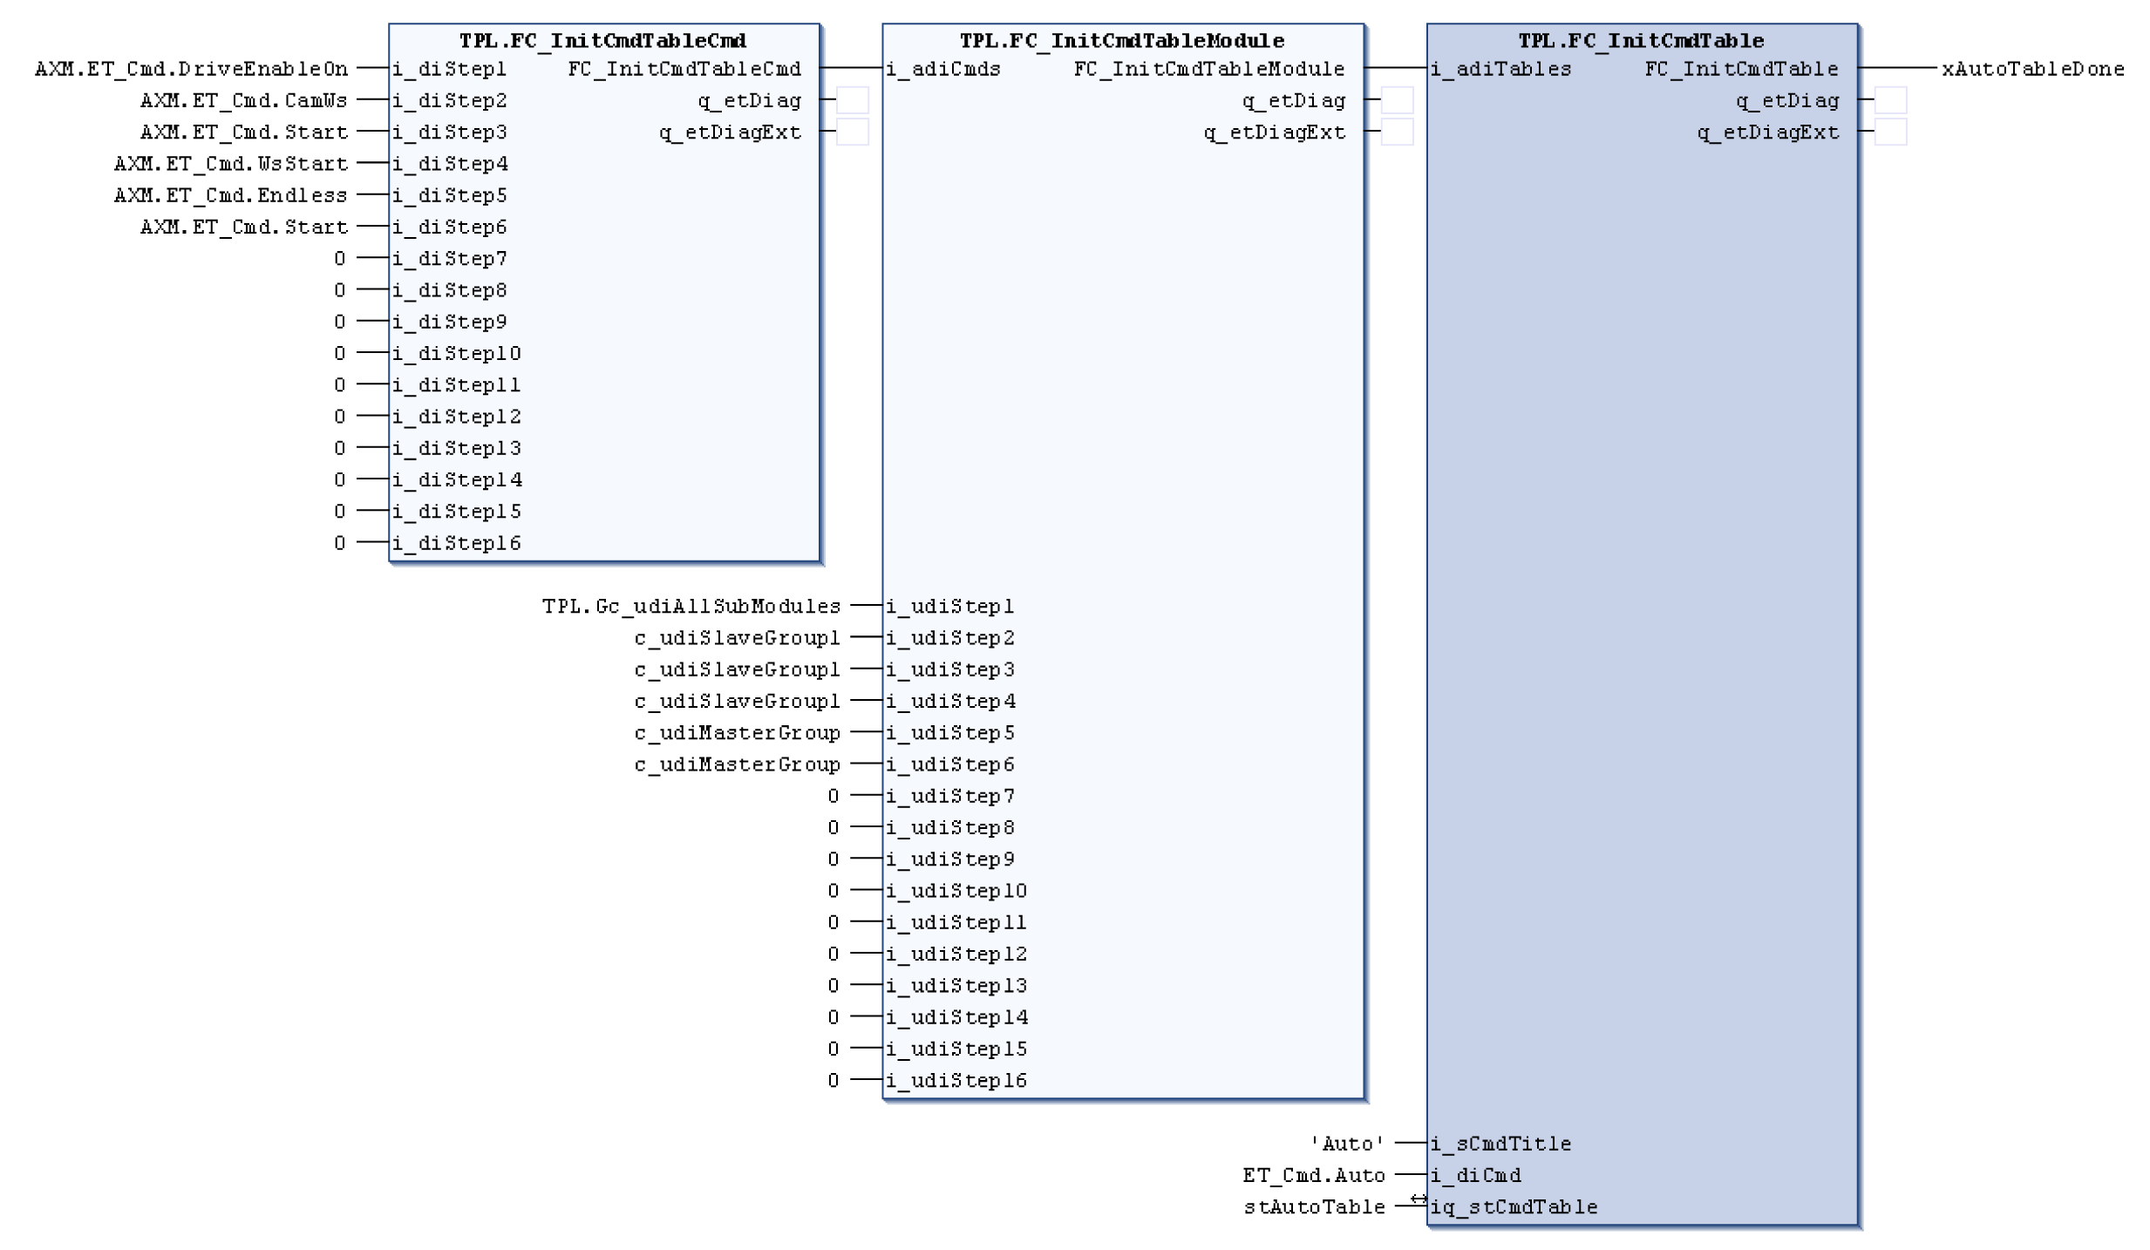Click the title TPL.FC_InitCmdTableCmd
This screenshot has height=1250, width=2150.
coord(602,41)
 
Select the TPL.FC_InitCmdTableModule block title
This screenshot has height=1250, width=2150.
coord(1121,41)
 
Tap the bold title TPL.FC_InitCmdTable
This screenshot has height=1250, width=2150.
coord(1641,41)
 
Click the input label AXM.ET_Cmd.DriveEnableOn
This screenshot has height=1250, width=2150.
coord(191,69)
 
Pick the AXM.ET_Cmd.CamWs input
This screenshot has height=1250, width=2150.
coord(243,101)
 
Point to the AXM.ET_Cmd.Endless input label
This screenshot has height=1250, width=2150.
coord(230,195)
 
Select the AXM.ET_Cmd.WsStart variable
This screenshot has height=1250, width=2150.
coord(230,164)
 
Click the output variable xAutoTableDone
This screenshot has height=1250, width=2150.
coord(2032,69)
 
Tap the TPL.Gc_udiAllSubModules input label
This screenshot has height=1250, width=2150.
coord(691,606)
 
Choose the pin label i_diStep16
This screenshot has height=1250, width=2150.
coord(457,544)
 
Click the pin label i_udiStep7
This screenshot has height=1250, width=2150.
coord(950,796)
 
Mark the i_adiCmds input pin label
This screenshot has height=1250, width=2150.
coord(943,69)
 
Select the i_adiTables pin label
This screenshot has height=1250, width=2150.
coord(1500,69)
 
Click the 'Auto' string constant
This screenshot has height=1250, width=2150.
coord(1347,1144)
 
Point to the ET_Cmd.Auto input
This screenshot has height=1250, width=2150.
coord(1313,1176)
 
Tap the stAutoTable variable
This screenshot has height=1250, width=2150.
coord(1314,1207)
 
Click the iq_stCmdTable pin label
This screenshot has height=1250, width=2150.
coord(1514,1207)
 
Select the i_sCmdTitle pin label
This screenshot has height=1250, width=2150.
coord(1500,1144)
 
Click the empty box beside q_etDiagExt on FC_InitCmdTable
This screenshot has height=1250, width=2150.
coord(1889,132)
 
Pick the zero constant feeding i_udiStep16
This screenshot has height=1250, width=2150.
coord(833,1081)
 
